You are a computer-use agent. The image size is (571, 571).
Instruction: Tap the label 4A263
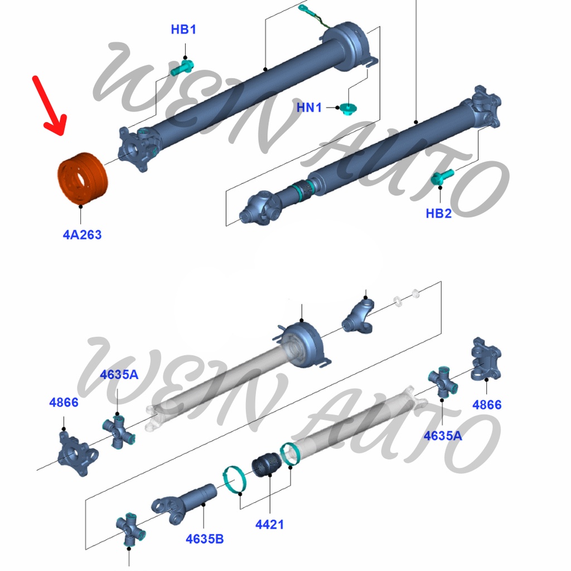(x=82, y=235)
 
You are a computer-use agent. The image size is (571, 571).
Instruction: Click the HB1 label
(x=183, y=30)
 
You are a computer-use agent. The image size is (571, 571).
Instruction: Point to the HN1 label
(x=309, y=108)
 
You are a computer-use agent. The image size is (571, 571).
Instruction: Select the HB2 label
(x=438, y=213)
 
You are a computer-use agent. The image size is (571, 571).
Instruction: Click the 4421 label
(x=269, y=524)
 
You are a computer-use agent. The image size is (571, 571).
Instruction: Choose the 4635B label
(x=205, y=539)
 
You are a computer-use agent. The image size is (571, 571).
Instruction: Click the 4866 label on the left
(x=64, y=402)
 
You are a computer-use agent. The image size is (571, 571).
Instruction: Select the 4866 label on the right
(x=487, y=405)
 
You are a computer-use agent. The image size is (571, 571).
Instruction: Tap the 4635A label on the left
(x=119, y=374)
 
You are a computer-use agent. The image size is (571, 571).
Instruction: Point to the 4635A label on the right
(x=442, y=435)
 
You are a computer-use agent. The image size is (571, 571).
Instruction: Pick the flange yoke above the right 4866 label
(x=486, y=359)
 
